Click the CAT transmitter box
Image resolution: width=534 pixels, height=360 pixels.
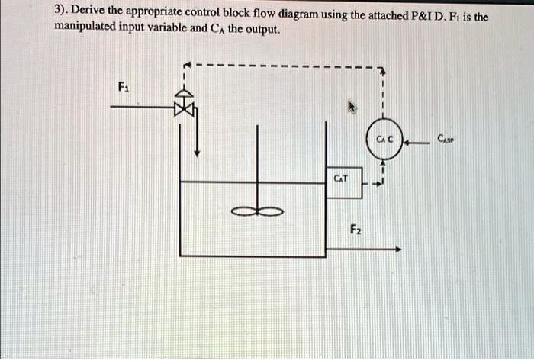coord(342,181)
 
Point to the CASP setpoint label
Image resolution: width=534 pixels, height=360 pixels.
coord(446,139)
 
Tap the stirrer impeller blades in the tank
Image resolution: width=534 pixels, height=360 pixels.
coord(259,211)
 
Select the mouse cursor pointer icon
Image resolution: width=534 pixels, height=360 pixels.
coord(352,108)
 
